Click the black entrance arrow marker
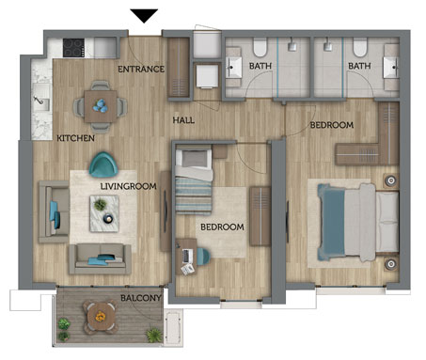click(144, 15)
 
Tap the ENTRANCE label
click(141, 69)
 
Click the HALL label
click(183, 120)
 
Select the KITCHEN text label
click(75, 138)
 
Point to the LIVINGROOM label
click(129, 186)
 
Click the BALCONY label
click(141, 298)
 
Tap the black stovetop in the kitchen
click(74, 48)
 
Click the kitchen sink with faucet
click(41, 102)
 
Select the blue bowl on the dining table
click(101, 105)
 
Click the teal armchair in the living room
click(103, 164)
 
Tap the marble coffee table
click(104, 213)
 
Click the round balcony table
click(101, 317)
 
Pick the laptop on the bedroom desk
click(187, 256)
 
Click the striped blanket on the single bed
click(194, 195)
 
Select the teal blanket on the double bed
click(332, 222)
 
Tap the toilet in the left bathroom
click(260, 48)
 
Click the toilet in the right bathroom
click(360, 48)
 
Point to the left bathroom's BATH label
click(260, 66)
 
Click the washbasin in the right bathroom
click(391, 68)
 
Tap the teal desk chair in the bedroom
click(203, 256)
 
